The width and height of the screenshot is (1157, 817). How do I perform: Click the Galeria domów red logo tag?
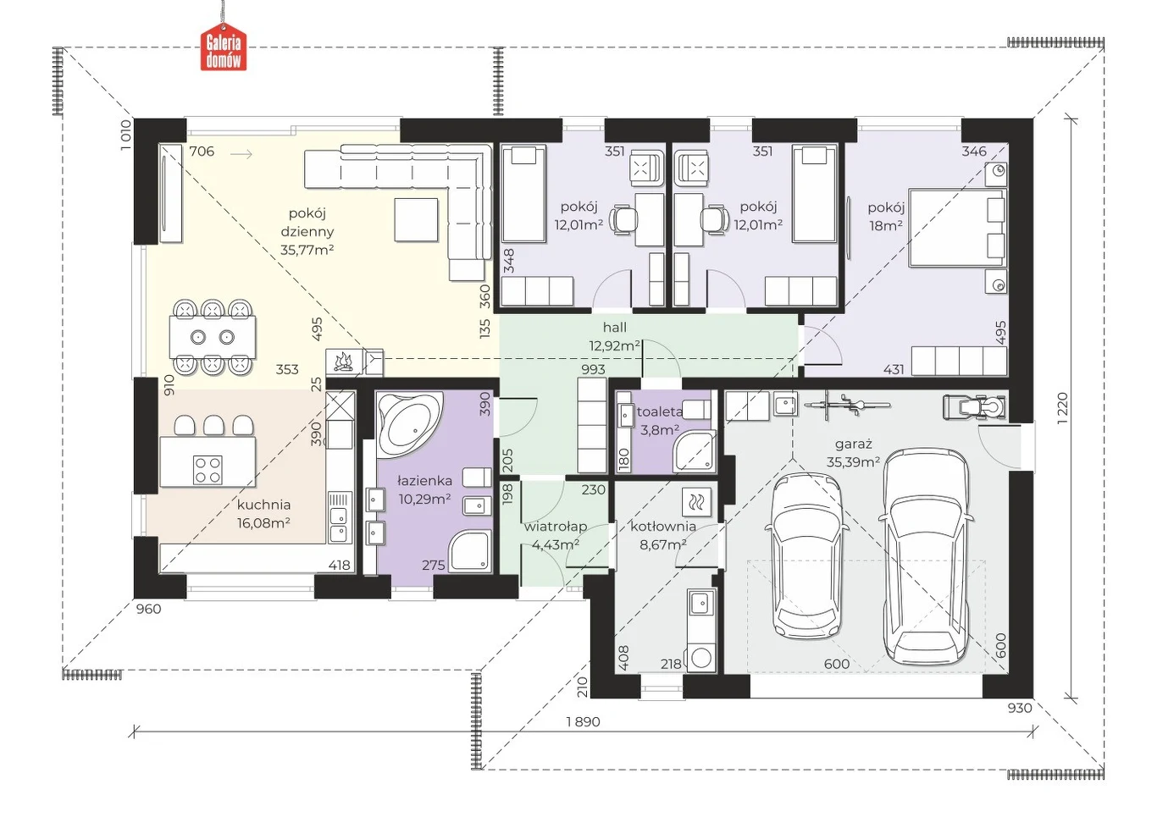point(224,49)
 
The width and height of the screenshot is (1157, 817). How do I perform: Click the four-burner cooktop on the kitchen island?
point(208,469)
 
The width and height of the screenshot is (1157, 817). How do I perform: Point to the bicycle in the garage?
point(839,403)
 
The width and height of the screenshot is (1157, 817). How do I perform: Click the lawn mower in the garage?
point(975,407)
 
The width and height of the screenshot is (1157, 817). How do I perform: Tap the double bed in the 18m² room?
point(958,228)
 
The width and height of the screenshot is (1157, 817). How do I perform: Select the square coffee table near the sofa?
point(416,219)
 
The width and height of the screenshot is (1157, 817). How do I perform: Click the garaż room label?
point(853,444)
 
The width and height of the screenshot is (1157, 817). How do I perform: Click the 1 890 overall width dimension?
point(583,721)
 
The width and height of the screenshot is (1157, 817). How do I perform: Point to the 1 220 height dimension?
point(1062,408)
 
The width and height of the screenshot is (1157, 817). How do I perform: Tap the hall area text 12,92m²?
point(615,345)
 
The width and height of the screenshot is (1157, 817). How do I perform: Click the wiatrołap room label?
point(556,527)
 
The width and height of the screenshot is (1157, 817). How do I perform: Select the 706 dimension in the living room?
point(202,152)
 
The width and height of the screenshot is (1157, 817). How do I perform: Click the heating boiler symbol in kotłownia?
point(695,501)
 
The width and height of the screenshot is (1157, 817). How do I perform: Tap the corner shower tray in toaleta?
point(695,452)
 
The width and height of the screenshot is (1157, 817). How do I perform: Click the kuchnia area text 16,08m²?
point(263,522)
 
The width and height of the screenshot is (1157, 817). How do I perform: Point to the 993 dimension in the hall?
point(593,370)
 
